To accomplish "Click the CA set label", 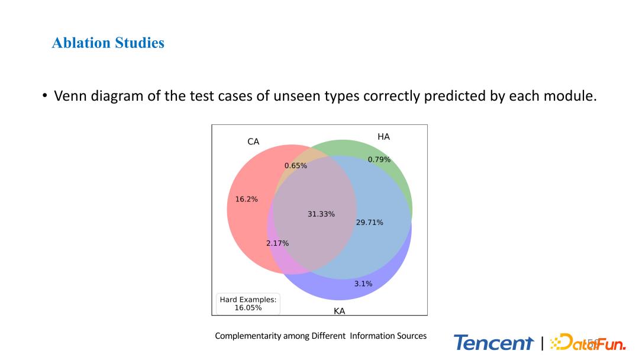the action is (253, 142).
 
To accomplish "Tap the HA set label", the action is (383, 137).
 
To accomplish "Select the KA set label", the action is (339, 311).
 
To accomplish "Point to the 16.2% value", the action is (247, 199).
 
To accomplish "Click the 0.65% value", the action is (295, 166).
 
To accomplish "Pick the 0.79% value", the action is (379, 159).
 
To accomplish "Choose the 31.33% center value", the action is (321, 214).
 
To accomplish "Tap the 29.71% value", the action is (370, 222).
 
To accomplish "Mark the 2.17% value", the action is (277, 243).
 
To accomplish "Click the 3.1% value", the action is (363, 284).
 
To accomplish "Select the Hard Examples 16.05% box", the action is (248, 303).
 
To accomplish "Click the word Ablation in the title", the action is (81, 43).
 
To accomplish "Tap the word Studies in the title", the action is (140, 43).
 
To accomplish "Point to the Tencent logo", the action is (493, 342).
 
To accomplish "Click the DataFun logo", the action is (588, 342).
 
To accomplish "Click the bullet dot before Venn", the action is (45, 96).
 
